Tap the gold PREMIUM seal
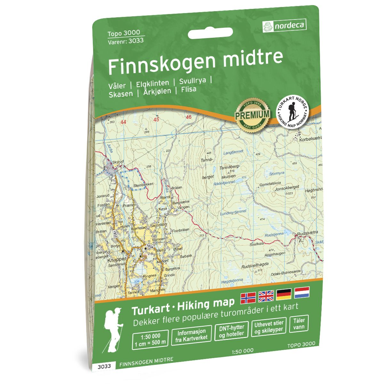252,114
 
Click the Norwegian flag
248,297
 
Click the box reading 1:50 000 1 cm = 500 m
150,339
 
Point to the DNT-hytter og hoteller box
232,331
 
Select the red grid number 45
156,119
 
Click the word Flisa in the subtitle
188,90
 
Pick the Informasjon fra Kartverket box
191,334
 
